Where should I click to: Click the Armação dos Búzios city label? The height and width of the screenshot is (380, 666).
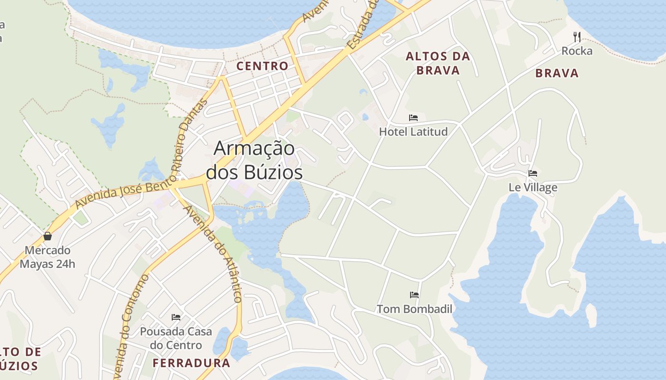[x=255, y=160]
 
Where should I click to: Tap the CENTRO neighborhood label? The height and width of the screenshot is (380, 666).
[x=263, y=66]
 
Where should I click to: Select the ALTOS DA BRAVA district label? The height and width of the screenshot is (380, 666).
[x=438, y=63]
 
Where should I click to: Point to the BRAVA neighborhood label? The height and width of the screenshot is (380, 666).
[x=557, y=73]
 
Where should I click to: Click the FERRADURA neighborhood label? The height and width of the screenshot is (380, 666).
[x=191, y=363]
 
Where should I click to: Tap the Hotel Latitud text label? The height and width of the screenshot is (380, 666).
[x=413, y=132]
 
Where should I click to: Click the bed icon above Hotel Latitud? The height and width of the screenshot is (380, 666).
[x=413, y=118]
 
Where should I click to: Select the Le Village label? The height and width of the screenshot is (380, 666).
[x=533, y=187]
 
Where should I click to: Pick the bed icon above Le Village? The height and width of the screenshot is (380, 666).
[x=533, y=173]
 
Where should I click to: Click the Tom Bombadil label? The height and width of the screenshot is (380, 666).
[x=414, y=309]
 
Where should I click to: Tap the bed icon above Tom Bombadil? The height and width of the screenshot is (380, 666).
[x=414, y=295]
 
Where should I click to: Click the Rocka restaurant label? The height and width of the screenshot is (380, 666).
[x=577, y=51]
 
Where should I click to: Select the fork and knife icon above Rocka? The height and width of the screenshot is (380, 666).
[x=577, y=37]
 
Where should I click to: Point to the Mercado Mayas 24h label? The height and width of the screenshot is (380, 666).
[x=47, y=257]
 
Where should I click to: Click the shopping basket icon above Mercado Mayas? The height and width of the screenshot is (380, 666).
[x=48, y=236]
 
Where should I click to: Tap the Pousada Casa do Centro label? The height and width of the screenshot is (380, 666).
[x=176, y=338]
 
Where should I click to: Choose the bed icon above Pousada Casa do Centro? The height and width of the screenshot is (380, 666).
[x=176, y=317]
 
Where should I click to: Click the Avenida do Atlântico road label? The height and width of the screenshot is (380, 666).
[x=214, y=254]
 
